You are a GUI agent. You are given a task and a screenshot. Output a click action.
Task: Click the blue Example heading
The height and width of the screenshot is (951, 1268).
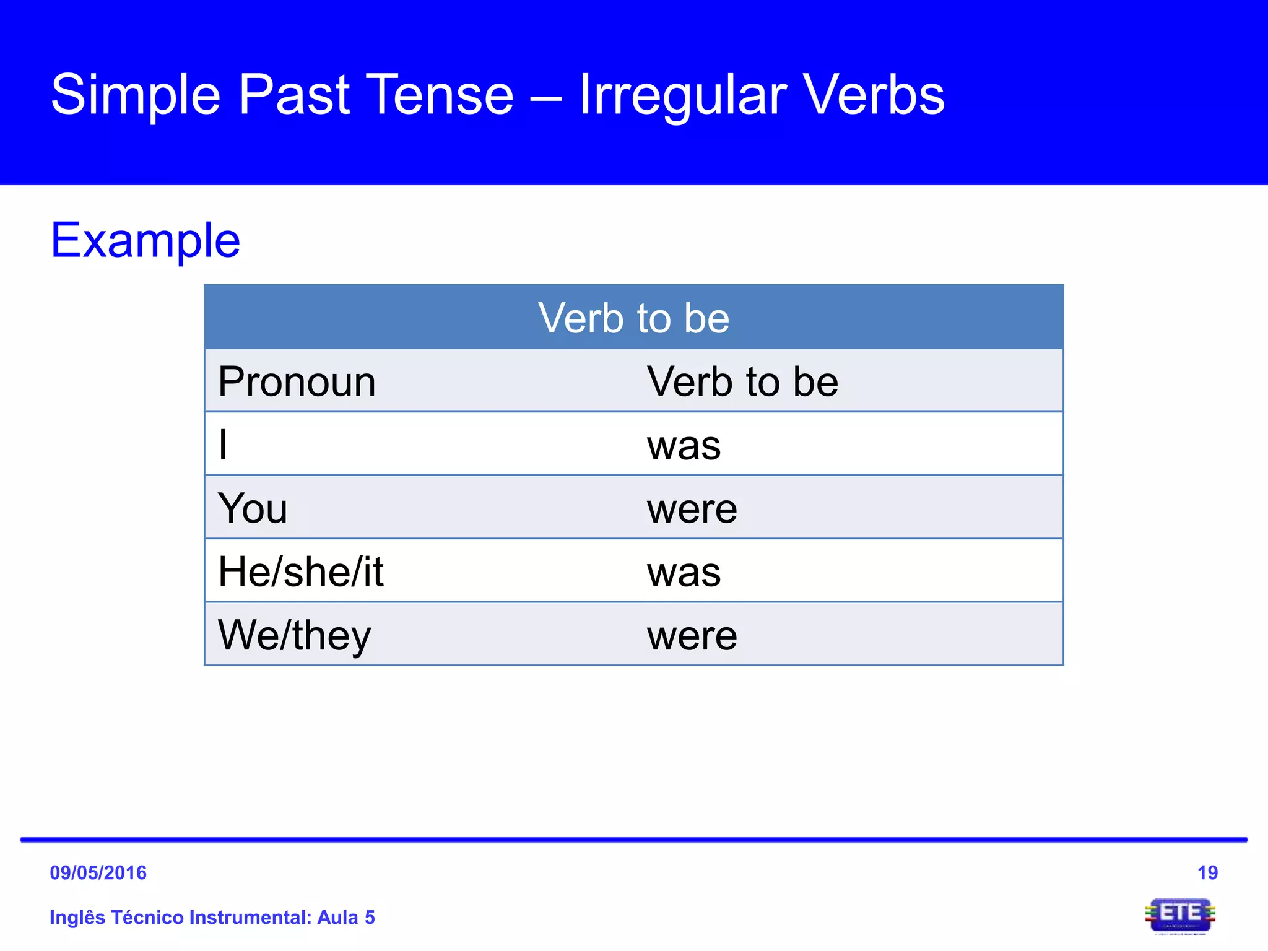[x=145, y=241]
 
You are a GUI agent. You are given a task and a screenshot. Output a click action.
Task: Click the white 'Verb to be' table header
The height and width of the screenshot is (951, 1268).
[x=633, y=318]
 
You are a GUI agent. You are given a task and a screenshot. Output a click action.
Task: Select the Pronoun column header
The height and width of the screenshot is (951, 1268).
[x=297, y=382]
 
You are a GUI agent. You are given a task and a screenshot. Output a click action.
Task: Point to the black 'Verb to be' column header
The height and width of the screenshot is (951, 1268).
[x=742, y=382]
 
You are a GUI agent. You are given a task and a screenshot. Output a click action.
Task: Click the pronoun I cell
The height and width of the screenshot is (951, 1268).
[x=224, y=445]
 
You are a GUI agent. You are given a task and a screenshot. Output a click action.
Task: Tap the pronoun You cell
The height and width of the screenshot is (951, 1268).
[x=253, y=508]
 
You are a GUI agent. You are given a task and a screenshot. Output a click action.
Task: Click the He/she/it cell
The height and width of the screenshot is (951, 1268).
[x=301, y=571]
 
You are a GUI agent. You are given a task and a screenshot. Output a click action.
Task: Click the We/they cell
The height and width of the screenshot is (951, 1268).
[x=294, y=636]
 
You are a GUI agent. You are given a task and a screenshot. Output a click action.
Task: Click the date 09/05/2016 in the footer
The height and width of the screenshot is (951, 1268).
[x=98, y=873]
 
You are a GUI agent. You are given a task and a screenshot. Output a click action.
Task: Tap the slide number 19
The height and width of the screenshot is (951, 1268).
[x=1207, y=873]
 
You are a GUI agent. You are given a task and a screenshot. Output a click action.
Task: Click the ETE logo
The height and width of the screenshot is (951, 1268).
[x=1180, y=915]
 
